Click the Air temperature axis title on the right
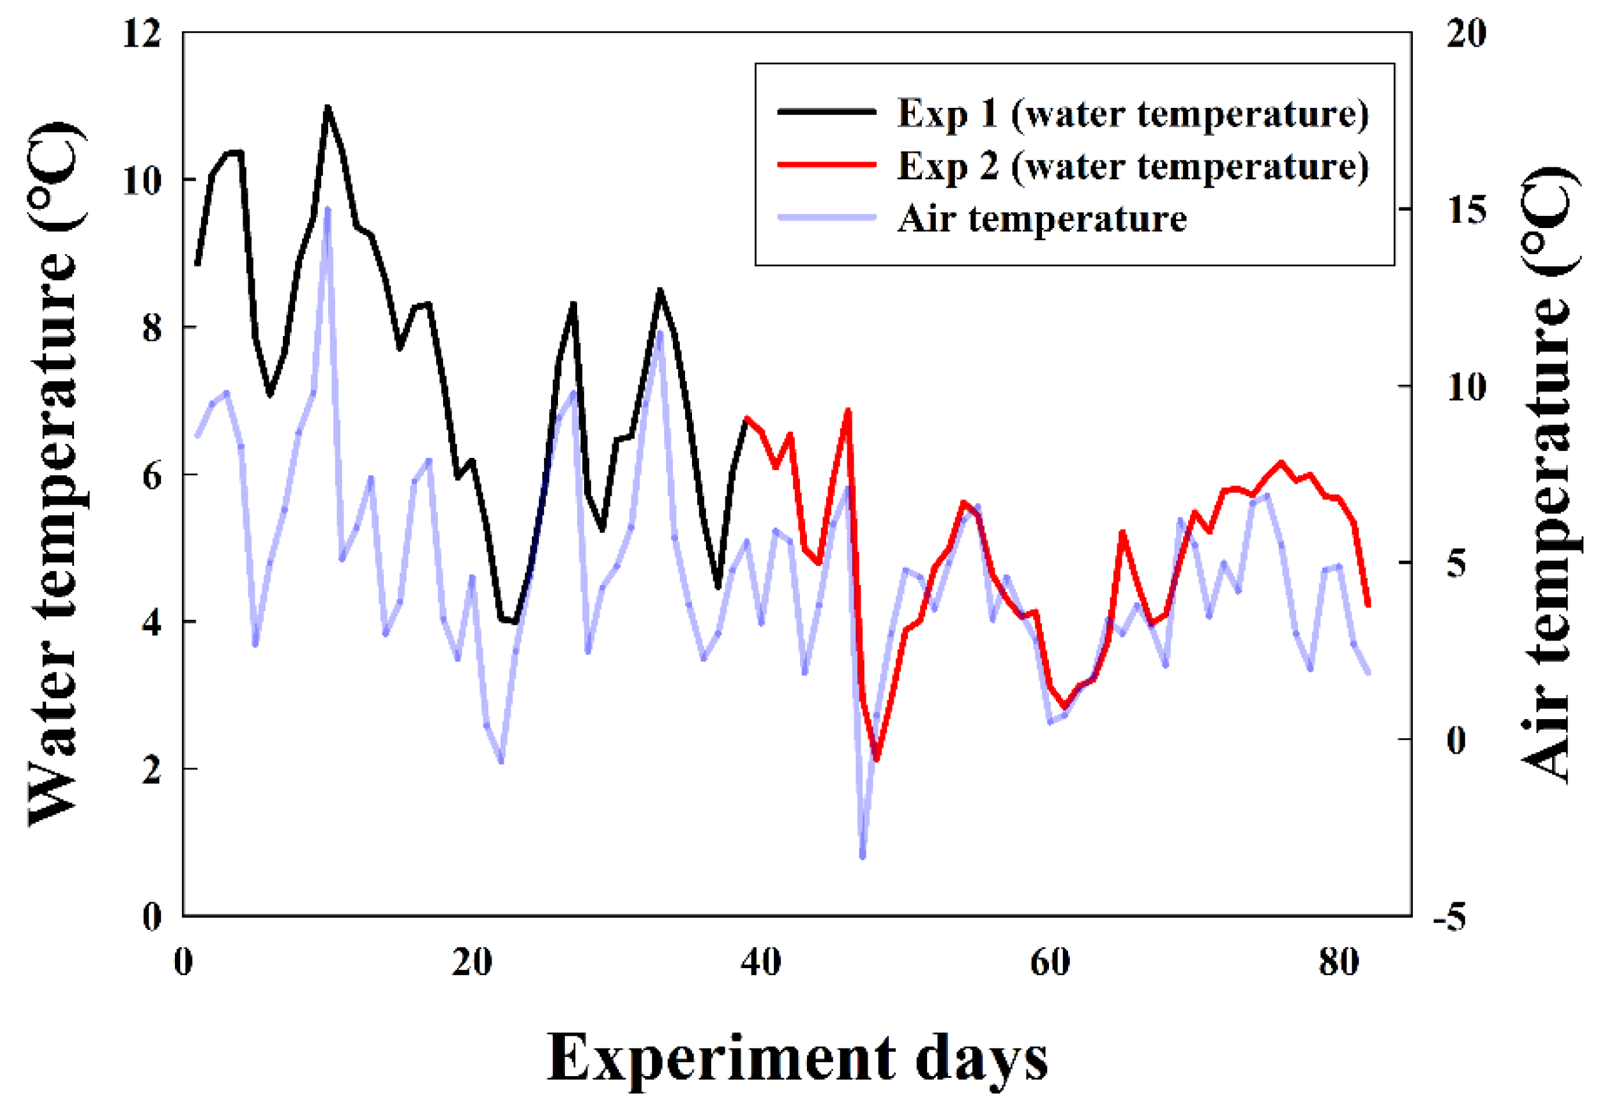1550,474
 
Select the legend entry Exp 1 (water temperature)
1133,113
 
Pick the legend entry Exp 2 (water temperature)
1133,166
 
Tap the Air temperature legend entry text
1042,218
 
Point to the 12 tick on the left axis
142,32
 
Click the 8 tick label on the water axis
151,327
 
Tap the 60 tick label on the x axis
1050,962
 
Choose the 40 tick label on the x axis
760,962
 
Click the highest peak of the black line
327,106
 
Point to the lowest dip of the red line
877,759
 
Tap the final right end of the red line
1369,605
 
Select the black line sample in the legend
827,112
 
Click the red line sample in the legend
827,165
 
